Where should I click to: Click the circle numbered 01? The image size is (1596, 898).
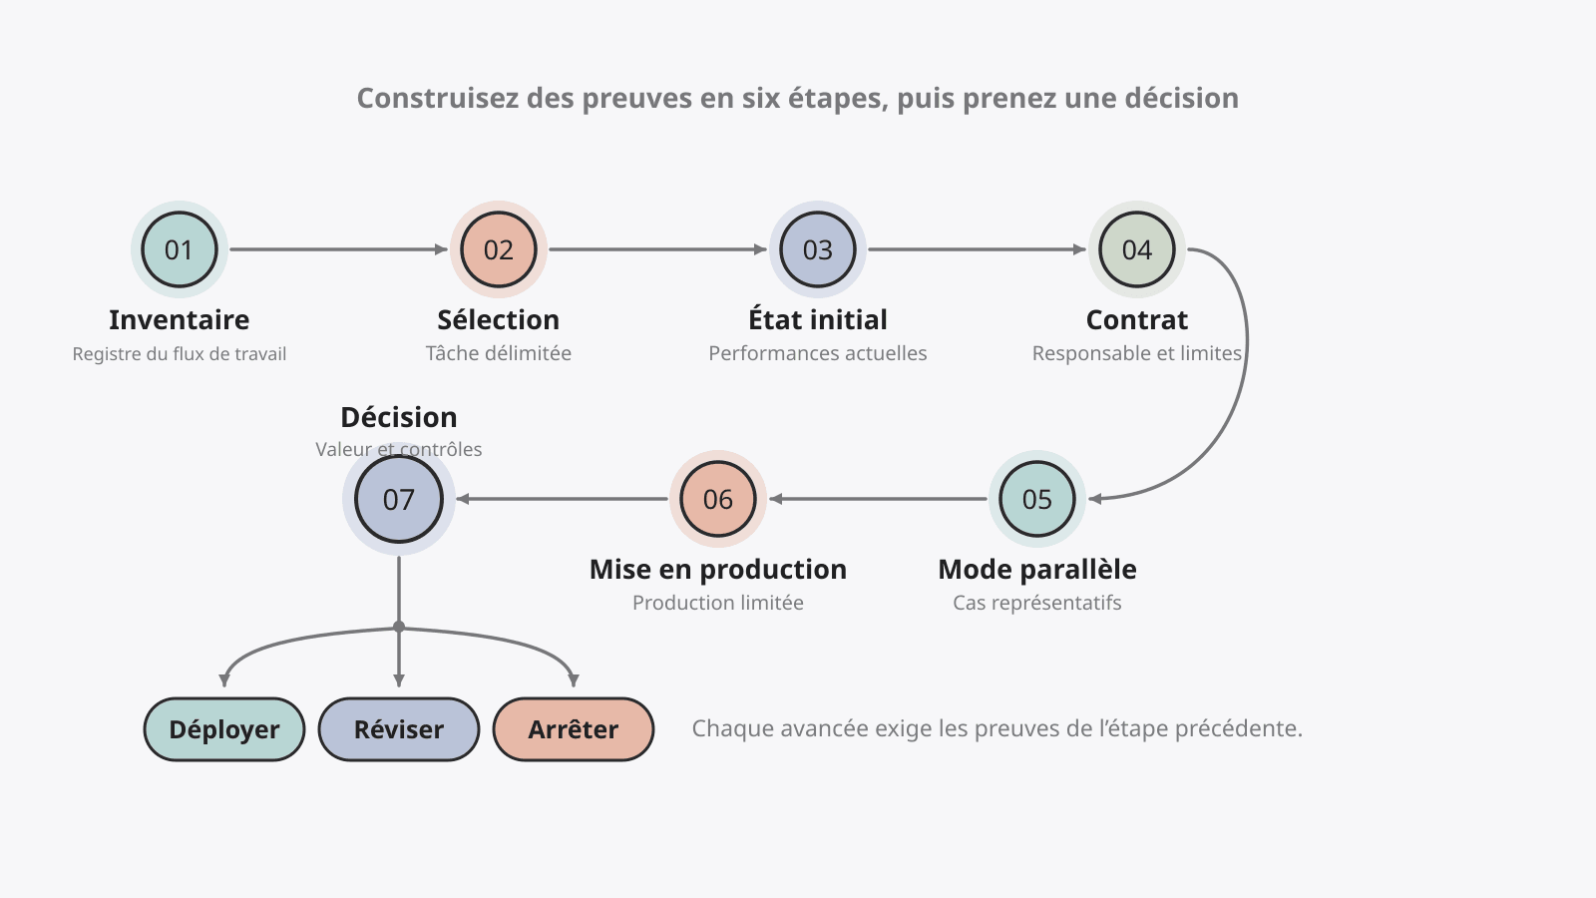tap(180, 249)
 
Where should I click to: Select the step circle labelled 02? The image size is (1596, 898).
tap(499, 249)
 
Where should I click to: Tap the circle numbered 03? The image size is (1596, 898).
tap(818, 249)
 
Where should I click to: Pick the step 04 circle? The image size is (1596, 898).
tap(1137, 249)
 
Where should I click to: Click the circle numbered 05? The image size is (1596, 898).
tap(1037, 499)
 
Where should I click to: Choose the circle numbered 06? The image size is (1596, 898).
tap(718, 499)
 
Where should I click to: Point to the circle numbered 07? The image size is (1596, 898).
tap(399, 499)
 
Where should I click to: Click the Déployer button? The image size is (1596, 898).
tap(224, 729)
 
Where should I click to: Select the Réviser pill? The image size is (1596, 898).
tap(399, 729)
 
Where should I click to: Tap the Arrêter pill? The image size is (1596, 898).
tap(574, 729)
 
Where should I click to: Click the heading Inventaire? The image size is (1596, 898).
tap(180, 320)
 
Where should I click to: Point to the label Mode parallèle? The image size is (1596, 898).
tap(1037, 570)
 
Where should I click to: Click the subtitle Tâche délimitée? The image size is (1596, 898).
tap(499, 353)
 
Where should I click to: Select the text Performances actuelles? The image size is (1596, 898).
tap(818, 353)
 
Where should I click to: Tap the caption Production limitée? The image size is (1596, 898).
tap(718, 603)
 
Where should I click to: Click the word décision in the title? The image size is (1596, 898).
tap(1182, 99)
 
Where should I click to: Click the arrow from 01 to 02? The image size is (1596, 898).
tap(338, 249)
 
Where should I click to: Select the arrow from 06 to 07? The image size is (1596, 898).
tap(563, 499)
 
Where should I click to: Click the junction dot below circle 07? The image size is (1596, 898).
tap(399, 628)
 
